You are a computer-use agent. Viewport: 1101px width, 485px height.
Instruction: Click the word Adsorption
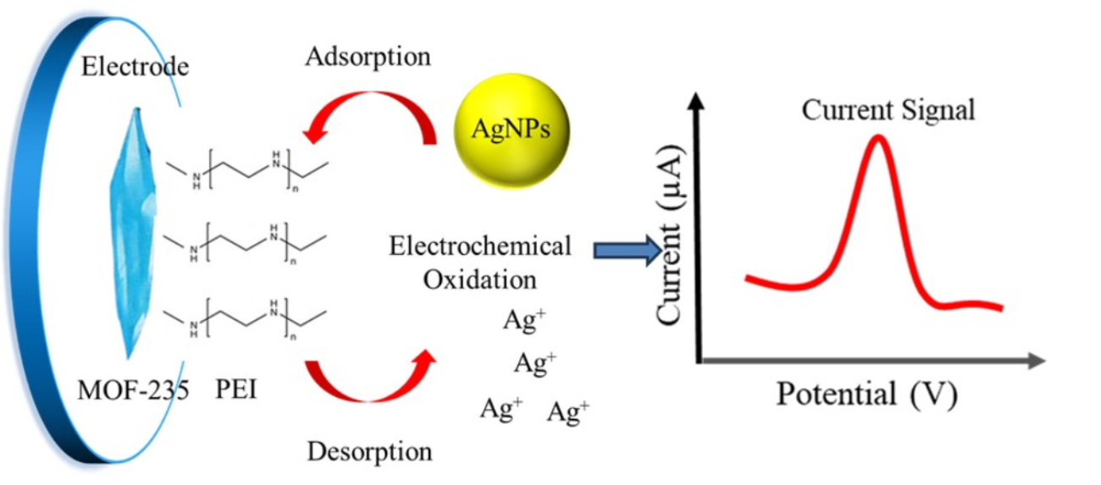tap(368, 58)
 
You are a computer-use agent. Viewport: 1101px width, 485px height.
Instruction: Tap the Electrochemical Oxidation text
tap(480, 262)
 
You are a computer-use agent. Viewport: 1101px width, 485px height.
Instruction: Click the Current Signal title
tap(889, 110)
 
